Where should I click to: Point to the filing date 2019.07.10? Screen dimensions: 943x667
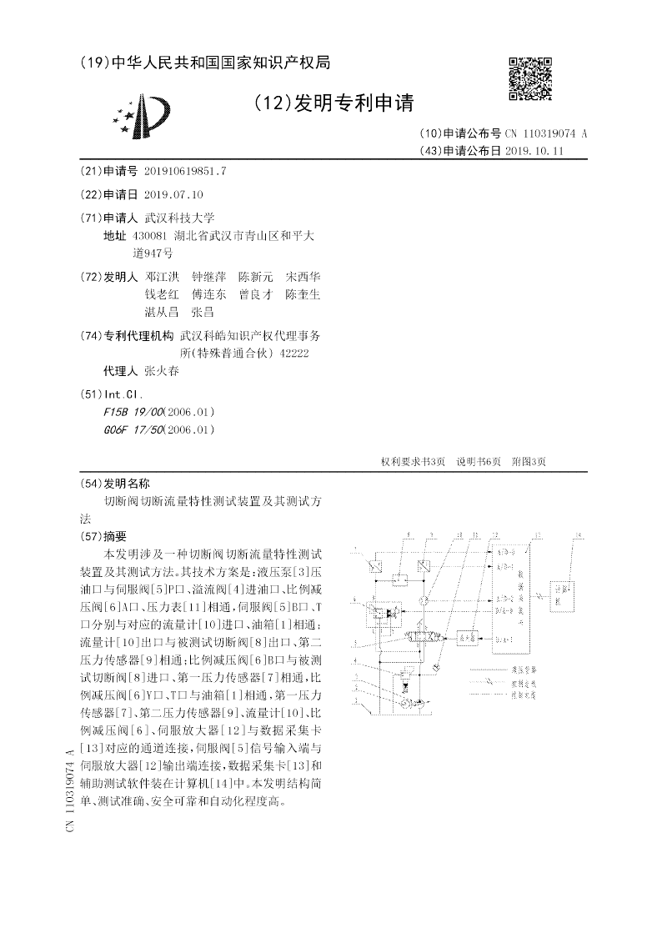coord(173,194)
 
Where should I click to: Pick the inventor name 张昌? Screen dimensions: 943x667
coord(203,312)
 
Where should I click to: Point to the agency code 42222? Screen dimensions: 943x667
coord(295,354)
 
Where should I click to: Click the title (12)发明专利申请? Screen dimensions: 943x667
coord(333,103)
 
